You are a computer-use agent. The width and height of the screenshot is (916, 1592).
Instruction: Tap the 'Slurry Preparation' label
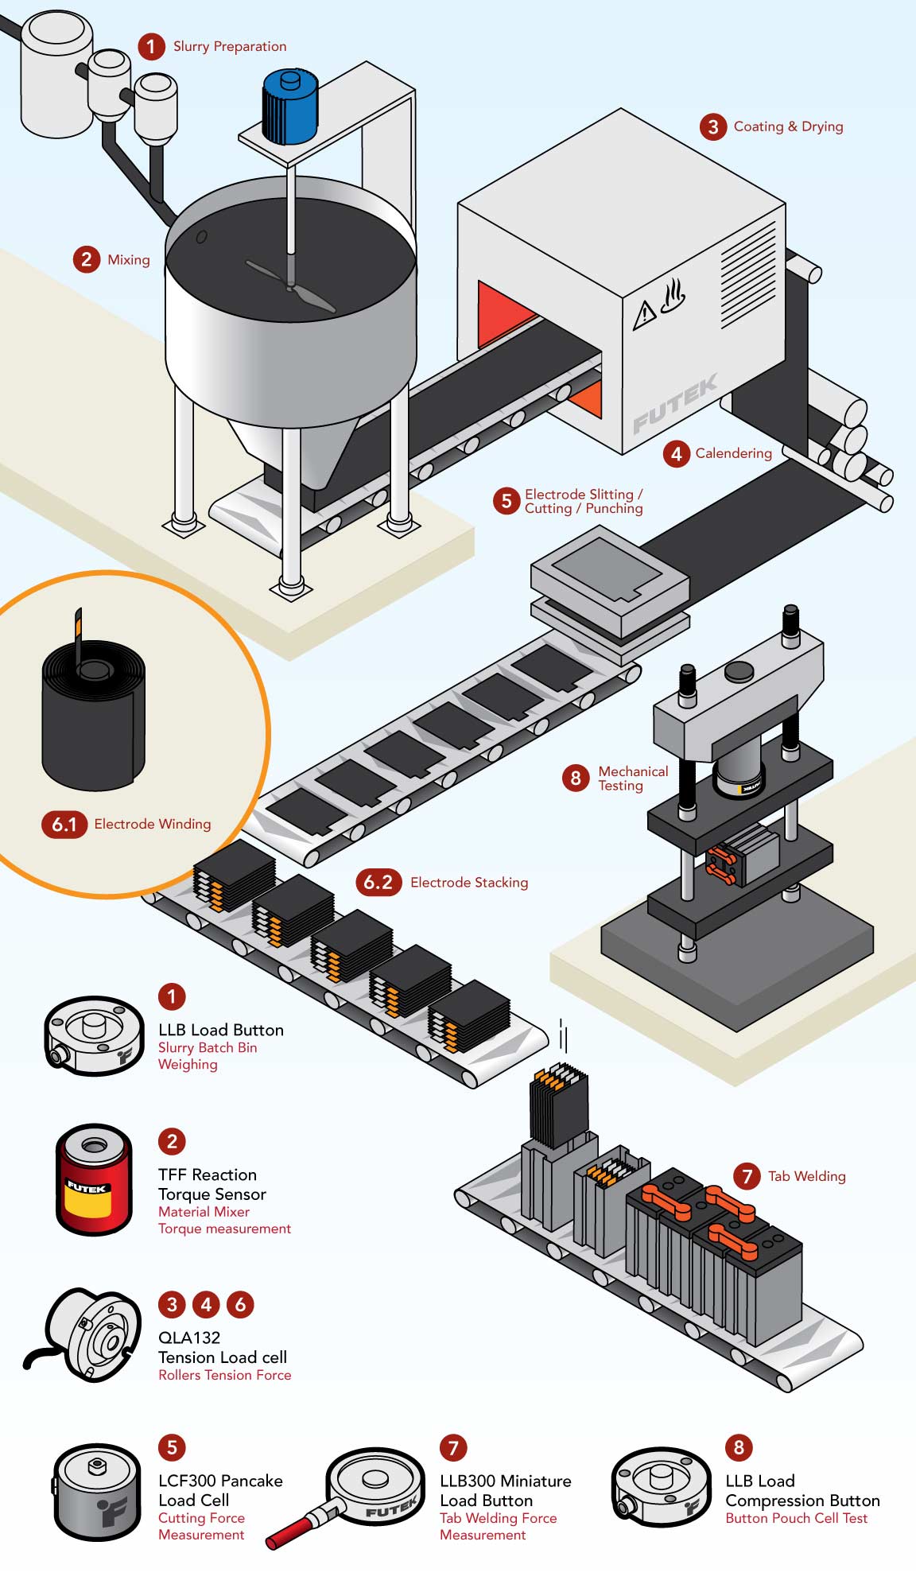click(x=230, y=47)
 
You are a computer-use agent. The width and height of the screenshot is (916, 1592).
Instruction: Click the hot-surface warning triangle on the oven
click(x=643, y=314)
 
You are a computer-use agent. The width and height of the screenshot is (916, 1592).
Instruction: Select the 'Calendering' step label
click(x=733, y=453)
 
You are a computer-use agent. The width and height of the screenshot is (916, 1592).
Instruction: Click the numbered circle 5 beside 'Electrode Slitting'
click(x=506, y=501)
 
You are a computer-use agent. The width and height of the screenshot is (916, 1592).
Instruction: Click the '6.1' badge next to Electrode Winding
click(x=64, y=824)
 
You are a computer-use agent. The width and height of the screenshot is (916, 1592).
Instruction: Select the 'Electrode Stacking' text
click(x=469, y=883)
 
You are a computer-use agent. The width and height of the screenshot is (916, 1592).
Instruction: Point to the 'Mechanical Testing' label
click(x=632, y=779)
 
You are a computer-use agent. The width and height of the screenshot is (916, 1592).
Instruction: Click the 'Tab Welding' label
click(x=806, y=1176)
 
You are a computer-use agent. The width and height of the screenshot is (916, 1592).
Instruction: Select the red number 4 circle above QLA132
click(x=206, y=1304)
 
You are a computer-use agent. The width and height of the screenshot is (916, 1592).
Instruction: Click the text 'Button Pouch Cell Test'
click(x=796, y=1518)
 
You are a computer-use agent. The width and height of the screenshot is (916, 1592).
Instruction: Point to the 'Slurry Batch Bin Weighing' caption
click(x=207, y=1056)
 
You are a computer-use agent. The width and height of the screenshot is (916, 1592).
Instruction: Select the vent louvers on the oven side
click(x=747, y=274)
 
